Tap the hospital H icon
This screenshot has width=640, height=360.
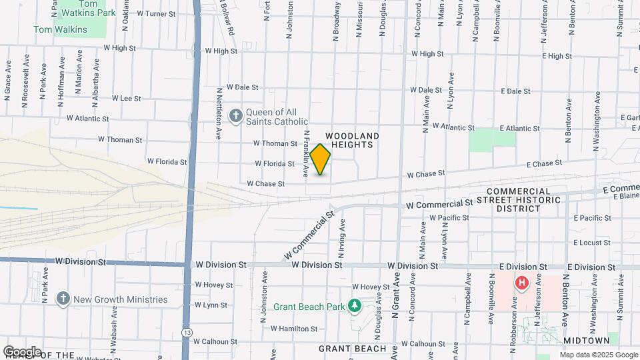522,283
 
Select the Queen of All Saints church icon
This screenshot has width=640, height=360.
235,117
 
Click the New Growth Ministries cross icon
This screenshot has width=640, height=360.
63,299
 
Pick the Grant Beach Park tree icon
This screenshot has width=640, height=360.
355,306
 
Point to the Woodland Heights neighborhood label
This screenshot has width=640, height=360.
353,140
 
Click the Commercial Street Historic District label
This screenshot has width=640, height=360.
528,199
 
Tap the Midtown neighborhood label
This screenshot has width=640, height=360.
582,340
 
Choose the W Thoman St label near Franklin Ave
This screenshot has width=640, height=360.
275,143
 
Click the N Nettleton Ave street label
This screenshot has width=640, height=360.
219,113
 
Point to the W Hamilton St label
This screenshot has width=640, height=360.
294,329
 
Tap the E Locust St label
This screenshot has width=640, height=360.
592,243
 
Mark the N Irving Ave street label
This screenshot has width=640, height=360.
341,241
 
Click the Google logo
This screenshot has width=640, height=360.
21,351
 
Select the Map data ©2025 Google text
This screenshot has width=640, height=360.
599,355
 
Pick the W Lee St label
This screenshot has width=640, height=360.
126,98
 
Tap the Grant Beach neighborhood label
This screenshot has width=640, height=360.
352,349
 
